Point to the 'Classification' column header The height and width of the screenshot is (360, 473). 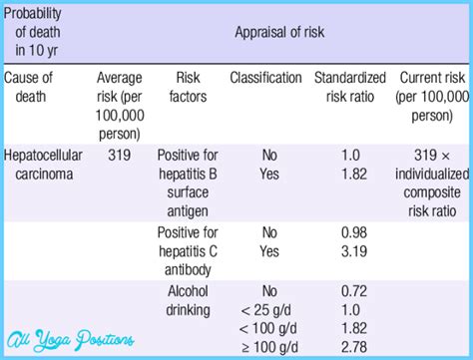[265, 77]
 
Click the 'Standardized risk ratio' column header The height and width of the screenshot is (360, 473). [349, 86]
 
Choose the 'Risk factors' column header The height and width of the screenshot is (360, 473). [188, 86]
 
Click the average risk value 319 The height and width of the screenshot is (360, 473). [119, 157]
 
